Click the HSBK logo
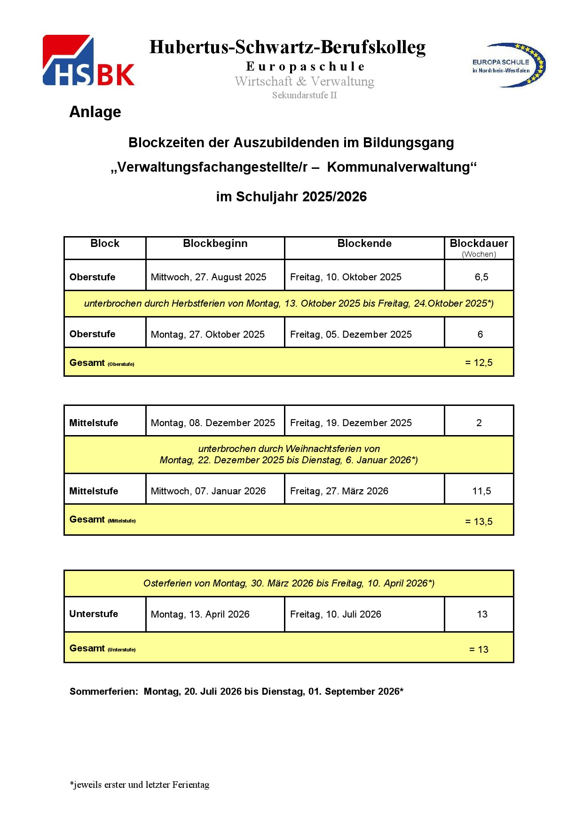point(88,61)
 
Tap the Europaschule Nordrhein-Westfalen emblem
point(509,65)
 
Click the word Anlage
point(95,112)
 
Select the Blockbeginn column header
point(215,244)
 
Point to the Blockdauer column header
point(479,244)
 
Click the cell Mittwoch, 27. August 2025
point(208,277)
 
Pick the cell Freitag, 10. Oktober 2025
point(346,277)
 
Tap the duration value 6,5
point(481,277)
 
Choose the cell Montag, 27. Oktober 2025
point(207,334)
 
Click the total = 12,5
point(479,363)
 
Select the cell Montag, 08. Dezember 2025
point(213,423)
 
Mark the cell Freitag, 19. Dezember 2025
point(351,423)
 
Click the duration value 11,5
point(481,491)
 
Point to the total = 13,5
point(479,522)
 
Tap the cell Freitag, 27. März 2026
point(339,491)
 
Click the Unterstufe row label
point(94,614)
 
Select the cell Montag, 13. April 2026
point(200,614)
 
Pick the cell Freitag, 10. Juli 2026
point(335,614)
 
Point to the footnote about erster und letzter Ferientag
point(140,785)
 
